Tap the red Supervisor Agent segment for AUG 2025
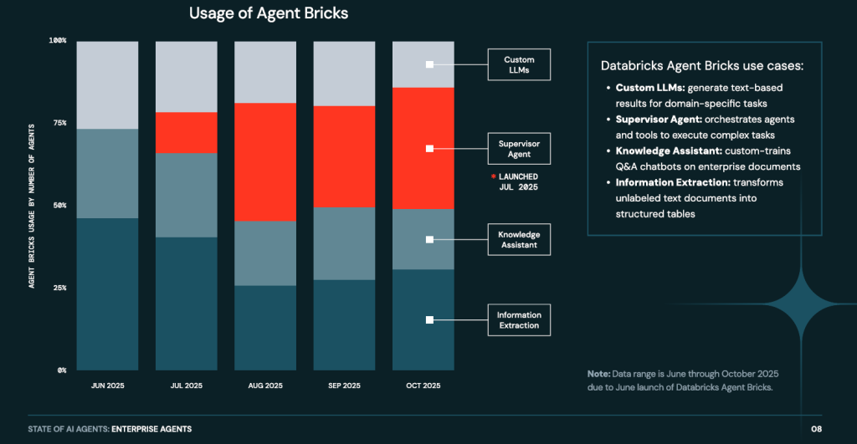(265, 162)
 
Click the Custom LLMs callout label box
(519, 64)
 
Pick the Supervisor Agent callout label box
(519, 149)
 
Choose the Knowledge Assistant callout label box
(519, 239)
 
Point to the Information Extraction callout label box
(519, 320)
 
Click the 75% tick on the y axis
(58, 123)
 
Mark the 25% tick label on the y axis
(58, 288)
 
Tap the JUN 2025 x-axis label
(107, 385)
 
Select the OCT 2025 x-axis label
(423, 385)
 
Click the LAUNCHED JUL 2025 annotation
(515, 182)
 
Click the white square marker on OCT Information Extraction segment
(429, 319)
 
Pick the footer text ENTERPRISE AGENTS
(151, 429)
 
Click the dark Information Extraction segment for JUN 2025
(107, 293)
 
